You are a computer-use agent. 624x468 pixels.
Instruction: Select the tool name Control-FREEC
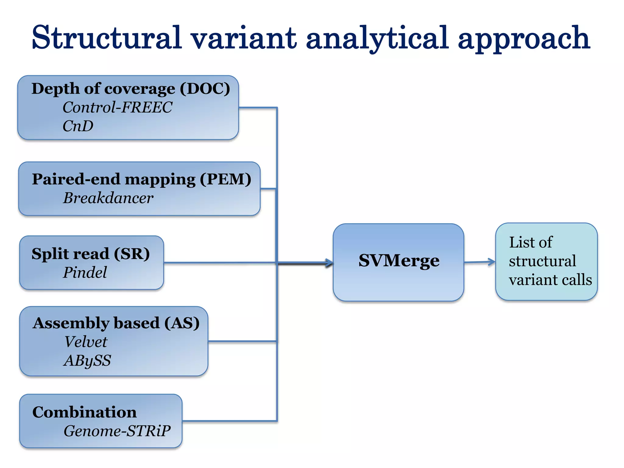117,107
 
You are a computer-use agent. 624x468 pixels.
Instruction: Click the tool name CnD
78,126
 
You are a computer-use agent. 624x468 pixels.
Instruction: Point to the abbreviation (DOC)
205,89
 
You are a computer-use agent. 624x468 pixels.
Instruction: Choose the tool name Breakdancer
108,198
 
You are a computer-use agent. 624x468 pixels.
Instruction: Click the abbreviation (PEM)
225,179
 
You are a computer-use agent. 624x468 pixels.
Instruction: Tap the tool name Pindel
85,272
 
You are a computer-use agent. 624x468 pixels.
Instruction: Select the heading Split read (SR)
90,253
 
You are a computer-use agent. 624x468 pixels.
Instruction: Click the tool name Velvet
86,342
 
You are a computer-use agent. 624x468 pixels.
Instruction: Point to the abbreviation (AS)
182,323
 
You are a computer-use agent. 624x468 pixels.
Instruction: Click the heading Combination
84,412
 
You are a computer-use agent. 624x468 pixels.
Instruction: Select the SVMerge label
399,261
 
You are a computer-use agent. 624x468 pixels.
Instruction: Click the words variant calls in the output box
550,280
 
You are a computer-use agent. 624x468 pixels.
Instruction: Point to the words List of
530,243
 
